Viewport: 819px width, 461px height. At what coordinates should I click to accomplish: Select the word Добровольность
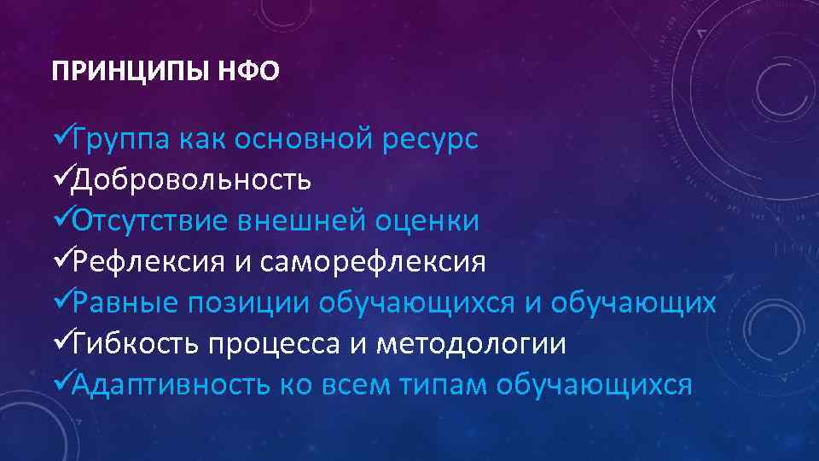191,180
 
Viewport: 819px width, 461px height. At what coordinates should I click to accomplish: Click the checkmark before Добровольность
61,180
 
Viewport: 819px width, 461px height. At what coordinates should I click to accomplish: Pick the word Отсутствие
149,221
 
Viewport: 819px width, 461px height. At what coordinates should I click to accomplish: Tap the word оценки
427,221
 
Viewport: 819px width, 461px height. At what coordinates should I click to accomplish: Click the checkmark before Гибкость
61,344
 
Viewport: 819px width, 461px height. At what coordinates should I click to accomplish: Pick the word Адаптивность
171,385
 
